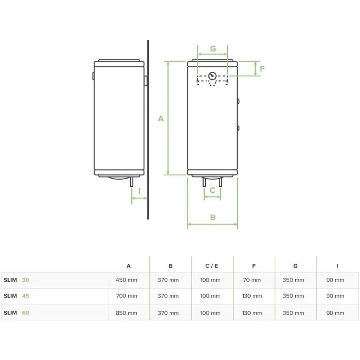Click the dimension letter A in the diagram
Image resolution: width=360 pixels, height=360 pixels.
tap(161, 119)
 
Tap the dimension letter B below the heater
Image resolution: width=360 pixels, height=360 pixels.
tap(213, 218)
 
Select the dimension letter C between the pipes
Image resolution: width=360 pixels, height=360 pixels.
tap(212, 190)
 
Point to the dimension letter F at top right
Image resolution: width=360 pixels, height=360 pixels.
tap(262, 69)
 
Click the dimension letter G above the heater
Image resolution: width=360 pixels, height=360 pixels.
tap(213, 49)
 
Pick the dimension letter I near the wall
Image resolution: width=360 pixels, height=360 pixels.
tap(139, 191)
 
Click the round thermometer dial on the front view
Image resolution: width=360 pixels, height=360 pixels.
tap(212, 76)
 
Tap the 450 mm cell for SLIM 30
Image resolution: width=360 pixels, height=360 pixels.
tap(127, 280)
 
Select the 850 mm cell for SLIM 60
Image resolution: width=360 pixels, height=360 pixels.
tap(127, 313)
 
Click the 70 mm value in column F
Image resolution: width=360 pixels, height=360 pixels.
tap(252, 280)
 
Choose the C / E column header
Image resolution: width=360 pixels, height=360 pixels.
tap(212, 266)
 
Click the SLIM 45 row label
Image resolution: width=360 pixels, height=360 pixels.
tap(17, 296)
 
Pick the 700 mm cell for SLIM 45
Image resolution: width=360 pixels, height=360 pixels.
tap(127, 296)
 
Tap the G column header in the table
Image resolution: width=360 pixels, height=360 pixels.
tap(295, 266)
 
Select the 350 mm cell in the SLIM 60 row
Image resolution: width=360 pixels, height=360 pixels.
tap(293, 313)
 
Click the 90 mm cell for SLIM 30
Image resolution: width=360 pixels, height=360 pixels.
tap(335, 280)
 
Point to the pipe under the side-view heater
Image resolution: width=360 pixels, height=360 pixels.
tap(131, 182)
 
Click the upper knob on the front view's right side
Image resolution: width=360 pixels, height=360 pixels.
tap(238, 101)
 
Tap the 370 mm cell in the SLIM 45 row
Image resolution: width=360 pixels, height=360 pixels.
tap(168, 296)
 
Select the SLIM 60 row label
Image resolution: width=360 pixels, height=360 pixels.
tap(17, 313)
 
